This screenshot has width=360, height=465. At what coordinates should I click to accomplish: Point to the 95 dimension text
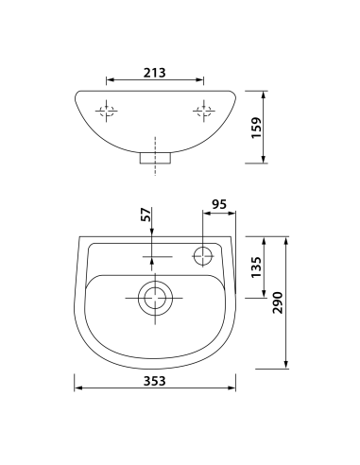click(219, 203)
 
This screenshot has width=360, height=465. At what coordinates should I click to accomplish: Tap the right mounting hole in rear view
click(202, 112)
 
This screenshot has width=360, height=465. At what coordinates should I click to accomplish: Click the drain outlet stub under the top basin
click(156, 157)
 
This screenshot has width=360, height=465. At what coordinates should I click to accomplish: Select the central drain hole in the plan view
click(155, 299)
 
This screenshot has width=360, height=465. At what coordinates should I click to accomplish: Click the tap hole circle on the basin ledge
click(202, 255)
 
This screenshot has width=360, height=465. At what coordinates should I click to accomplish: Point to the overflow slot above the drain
click(155, 255)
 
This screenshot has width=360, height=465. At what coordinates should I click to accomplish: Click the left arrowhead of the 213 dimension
click(109, 79)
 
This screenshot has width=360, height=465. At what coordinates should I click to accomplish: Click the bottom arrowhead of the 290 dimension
click(284, 365)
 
